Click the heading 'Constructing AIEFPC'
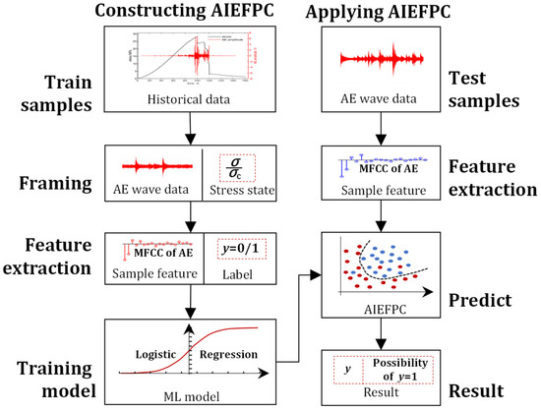(x=190, y=12)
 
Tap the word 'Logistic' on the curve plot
(x=158, y=351)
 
